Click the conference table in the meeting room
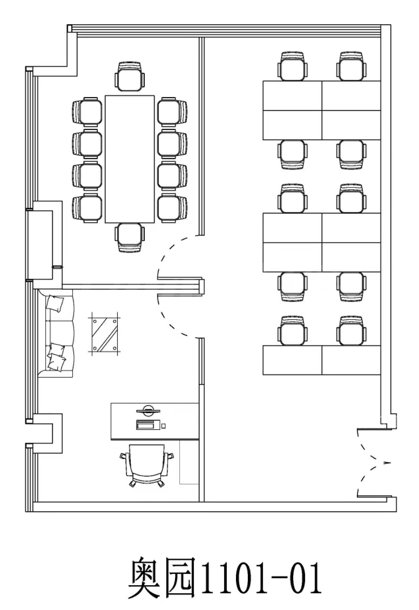point(130,159)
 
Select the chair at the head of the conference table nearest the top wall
point(130,77)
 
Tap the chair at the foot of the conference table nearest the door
point(130,238)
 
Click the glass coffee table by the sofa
point(104,334)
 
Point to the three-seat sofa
point(56,333)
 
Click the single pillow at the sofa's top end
point(55,303)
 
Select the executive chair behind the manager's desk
point(147,466)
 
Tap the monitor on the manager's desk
point(148,410)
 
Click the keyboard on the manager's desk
point(148,425)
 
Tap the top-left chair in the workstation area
point(293,66)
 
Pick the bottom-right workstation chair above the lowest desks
point(351,331)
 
